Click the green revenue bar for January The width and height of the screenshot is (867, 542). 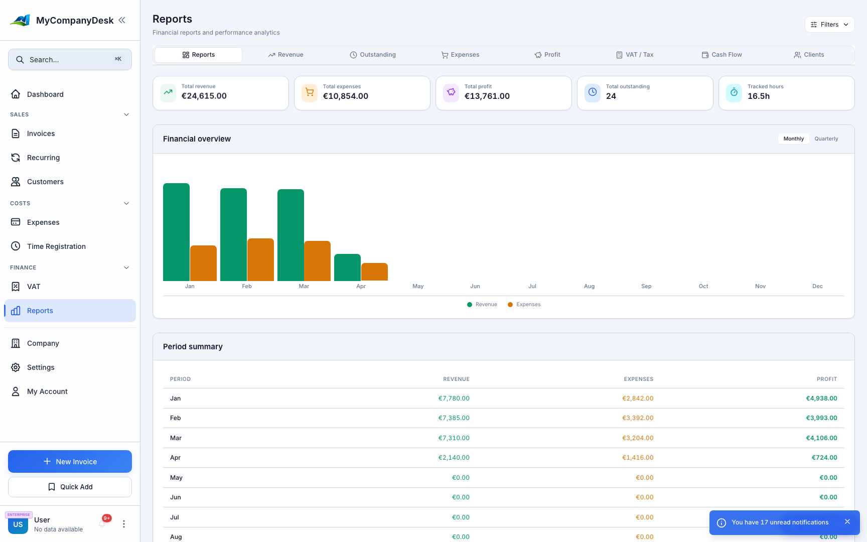click(176, 232)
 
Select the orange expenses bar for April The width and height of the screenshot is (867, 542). click(374, 272)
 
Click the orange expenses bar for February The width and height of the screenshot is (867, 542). click(260, 259)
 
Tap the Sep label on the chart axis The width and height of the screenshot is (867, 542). click(646, 286)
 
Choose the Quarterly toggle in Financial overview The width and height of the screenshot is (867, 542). click(826, 139)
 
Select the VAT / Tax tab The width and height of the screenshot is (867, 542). click(635, 55)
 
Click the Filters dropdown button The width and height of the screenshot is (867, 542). click(829, 25)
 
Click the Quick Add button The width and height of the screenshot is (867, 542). click(70, 487)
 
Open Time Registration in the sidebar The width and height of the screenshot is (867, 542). click(56, 246)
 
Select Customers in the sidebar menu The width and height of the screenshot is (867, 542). click(45, 182)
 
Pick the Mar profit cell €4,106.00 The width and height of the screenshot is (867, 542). click(821, 438)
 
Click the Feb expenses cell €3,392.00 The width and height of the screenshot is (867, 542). click(638, 418)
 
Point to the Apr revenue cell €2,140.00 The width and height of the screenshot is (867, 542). click(454, 458)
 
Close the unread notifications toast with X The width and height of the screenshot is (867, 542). click(847, 522)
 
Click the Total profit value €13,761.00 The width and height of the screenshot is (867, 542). click(487, 96)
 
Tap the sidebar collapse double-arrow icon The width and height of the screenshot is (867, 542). click(122, 20)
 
